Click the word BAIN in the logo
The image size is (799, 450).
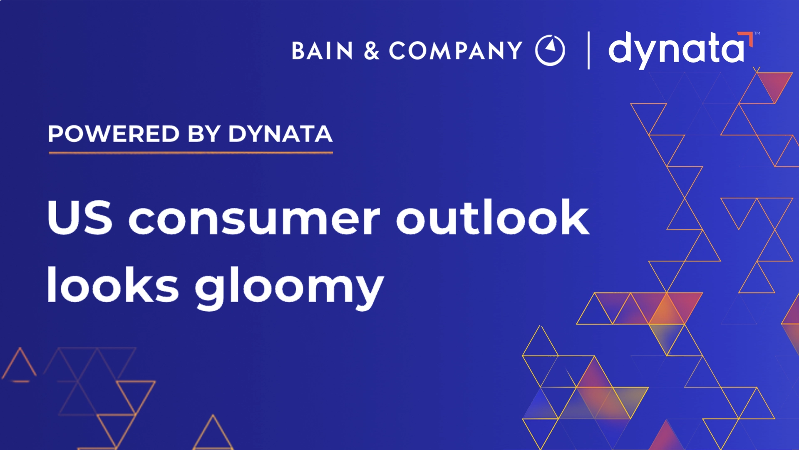coord(323,51)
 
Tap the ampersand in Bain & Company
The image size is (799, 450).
coord(371,51)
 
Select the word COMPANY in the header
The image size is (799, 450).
coord(456,51)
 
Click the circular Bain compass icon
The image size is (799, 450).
coord(550,50)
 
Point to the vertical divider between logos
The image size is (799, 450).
coord(588,50)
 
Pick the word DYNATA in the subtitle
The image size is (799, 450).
coord(280,134)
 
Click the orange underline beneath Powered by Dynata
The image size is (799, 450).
coord(191,153)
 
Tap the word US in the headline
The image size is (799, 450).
coord(79,217)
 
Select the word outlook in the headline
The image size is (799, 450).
coord(492,217)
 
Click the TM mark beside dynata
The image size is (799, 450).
coord(757,33)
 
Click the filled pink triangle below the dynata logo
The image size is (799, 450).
coord(774,83)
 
